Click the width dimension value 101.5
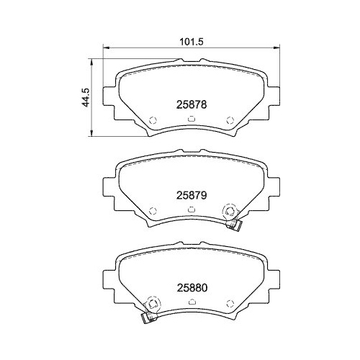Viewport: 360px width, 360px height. coord(188,42)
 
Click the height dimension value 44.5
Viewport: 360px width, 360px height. coord(86,97)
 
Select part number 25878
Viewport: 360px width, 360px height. coord(192,104)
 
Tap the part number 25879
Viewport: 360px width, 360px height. coord(192,194)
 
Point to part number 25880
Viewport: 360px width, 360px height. coord(192,286)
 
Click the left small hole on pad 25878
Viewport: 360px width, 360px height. coord(151,120)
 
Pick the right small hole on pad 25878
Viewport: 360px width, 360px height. coord(230,120)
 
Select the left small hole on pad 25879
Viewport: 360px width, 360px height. coord(151,210)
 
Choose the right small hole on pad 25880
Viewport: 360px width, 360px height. coord(230,302)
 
